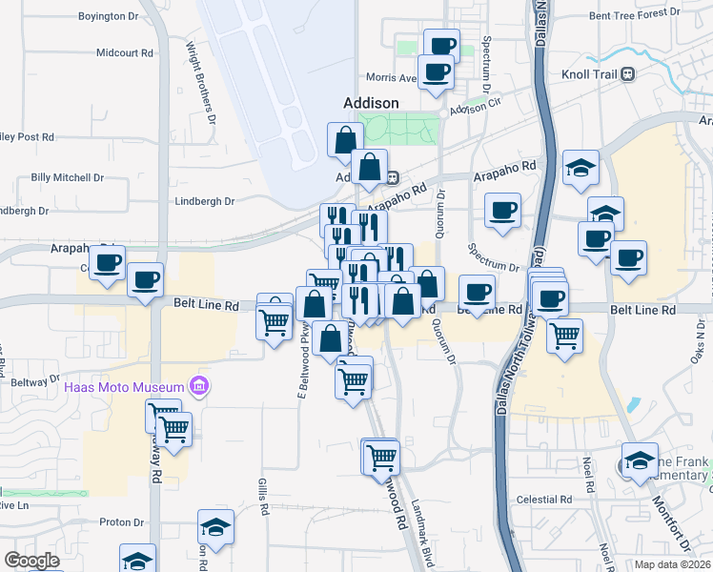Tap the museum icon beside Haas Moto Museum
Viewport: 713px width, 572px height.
tap(199, 386)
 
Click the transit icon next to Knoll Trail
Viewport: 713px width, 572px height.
tap(627, 73)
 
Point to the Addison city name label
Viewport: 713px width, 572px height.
tap(370, 102)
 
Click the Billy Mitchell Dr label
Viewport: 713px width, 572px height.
tap(67, 177)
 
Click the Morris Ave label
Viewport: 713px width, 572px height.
tap(392, 78)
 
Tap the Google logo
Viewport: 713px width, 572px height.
tap(31, 561)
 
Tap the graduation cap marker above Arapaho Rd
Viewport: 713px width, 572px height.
tap(580, 168)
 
